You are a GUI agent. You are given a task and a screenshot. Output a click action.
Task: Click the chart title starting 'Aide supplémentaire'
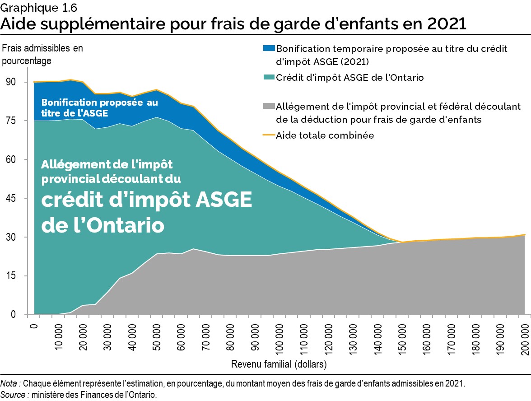click(x=233, y=23)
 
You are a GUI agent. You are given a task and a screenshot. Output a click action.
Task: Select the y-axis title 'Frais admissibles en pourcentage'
click(x=43, y=54)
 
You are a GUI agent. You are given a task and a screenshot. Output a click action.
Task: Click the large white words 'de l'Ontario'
click(x=102, y=224)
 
